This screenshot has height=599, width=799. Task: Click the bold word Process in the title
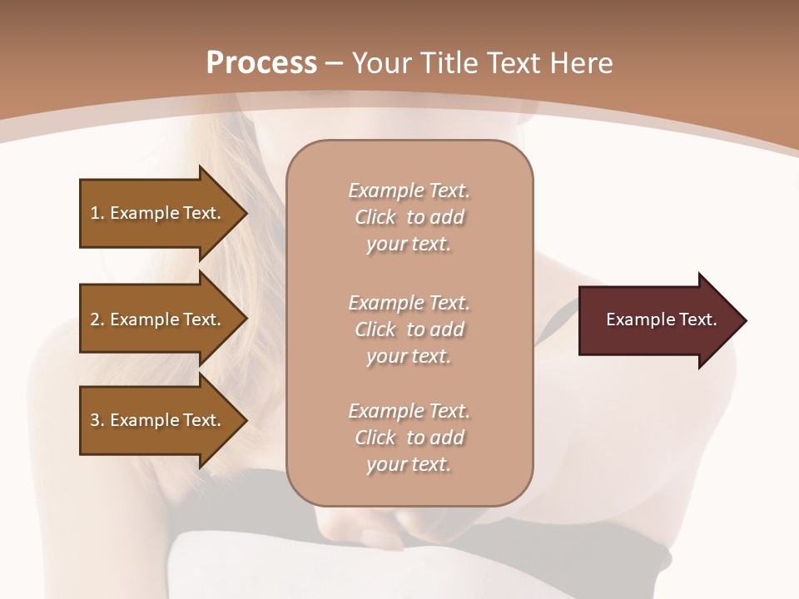coord(261,63)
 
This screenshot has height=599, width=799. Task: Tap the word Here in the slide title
coord(580,63)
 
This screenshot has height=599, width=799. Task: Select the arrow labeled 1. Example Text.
coord(158,213)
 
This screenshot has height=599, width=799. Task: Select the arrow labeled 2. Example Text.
coord(158,319)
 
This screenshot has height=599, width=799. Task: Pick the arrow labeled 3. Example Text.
coord(158,420)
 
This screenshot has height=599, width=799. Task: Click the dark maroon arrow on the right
coord(658,320)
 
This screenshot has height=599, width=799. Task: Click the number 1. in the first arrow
coord(97,213)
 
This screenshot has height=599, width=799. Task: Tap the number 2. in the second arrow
coord(97,319)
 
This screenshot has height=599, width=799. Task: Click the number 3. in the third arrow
coord(97,420)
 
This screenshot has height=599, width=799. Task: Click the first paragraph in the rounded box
coord(409,217)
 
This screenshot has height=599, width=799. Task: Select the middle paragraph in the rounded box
coord(409,329)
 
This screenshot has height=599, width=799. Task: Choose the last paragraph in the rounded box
coord(409,438)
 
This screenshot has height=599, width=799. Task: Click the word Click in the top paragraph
coord(375,217)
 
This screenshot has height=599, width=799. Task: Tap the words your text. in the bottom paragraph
coord(409,465)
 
